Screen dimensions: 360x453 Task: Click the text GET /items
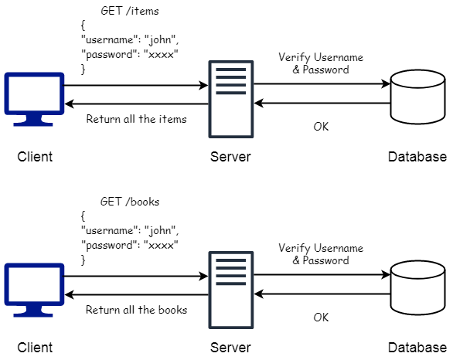130,12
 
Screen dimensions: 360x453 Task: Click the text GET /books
130,202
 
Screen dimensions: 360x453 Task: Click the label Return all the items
136,119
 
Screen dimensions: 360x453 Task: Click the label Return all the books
136,310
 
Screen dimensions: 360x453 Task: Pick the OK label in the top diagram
321,126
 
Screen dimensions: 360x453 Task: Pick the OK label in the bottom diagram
321,317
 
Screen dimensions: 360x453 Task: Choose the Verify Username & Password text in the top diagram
320,63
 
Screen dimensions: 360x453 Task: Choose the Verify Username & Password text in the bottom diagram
320,254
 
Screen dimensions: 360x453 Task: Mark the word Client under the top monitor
35,157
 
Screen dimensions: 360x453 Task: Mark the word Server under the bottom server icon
230,348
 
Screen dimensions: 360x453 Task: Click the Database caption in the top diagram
417,157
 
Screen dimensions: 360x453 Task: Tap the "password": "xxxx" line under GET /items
130,56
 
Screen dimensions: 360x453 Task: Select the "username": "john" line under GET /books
130,231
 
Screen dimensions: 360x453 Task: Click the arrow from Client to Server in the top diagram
136,85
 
